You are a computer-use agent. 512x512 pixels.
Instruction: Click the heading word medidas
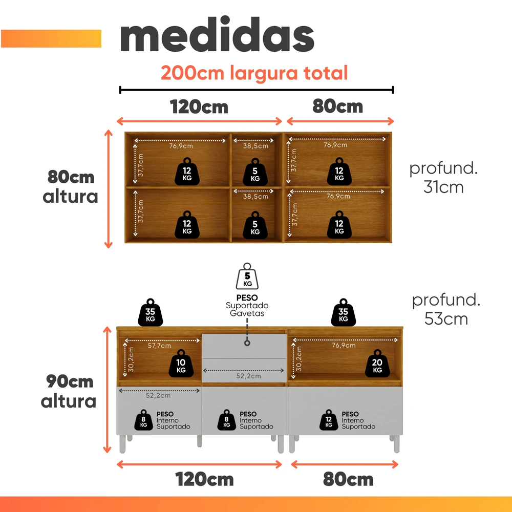[x=217, y=35]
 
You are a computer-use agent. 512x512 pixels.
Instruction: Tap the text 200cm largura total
[x=254, y=73]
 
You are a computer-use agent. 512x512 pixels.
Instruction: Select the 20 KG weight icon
[x=377, y=363]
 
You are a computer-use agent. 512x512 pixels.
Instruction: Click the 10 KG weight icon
[x=181, y=363]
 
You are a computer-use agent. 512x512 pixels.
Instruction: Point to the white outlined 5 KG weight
[x=247, y=276]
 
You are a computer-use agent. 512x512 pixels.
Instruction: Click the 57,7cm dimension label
[x=159, y=346]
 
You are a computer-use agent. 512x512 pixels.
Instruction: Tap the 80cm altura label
[x=70, y=187]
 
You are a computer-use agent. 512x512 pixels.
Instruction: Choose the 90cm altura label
[x=69, y=391]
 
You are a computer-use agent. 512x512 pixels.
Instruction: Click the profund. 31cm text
[x=443, y=178]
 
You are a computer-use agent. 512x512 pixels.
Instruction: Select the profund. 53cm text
[x=446, y=309]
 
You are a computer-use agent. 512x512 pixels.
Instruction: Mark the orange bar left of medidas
[x=51, y=38]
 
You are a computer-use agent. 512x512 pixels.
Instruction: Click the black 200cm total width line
[x=257, y=90]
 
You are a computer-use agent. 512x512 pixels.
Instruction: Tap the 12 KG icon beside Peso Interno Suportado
[x=329, y=420]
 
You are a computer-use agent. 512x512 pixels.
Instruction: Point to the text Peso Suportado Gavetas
[x=247, y=305]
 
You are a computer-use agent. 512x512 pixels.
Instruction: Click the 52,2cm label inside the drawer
[x=249, y=376]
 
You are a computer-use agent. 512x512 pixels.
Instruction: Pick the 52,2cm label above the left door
[x=158, y=396]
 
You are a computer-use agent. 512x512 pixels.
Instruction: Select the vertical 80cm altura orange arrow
[x=109, y=189]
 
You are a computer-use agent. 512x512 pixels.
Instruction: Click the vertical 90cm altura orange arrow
[x=107, y=390]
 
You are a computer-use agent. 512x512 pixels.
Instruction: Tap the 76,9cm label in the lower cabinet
[x=344, y=345]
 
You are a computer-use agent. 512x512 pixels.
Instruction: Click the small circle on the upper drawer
[x=247, y=343]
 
